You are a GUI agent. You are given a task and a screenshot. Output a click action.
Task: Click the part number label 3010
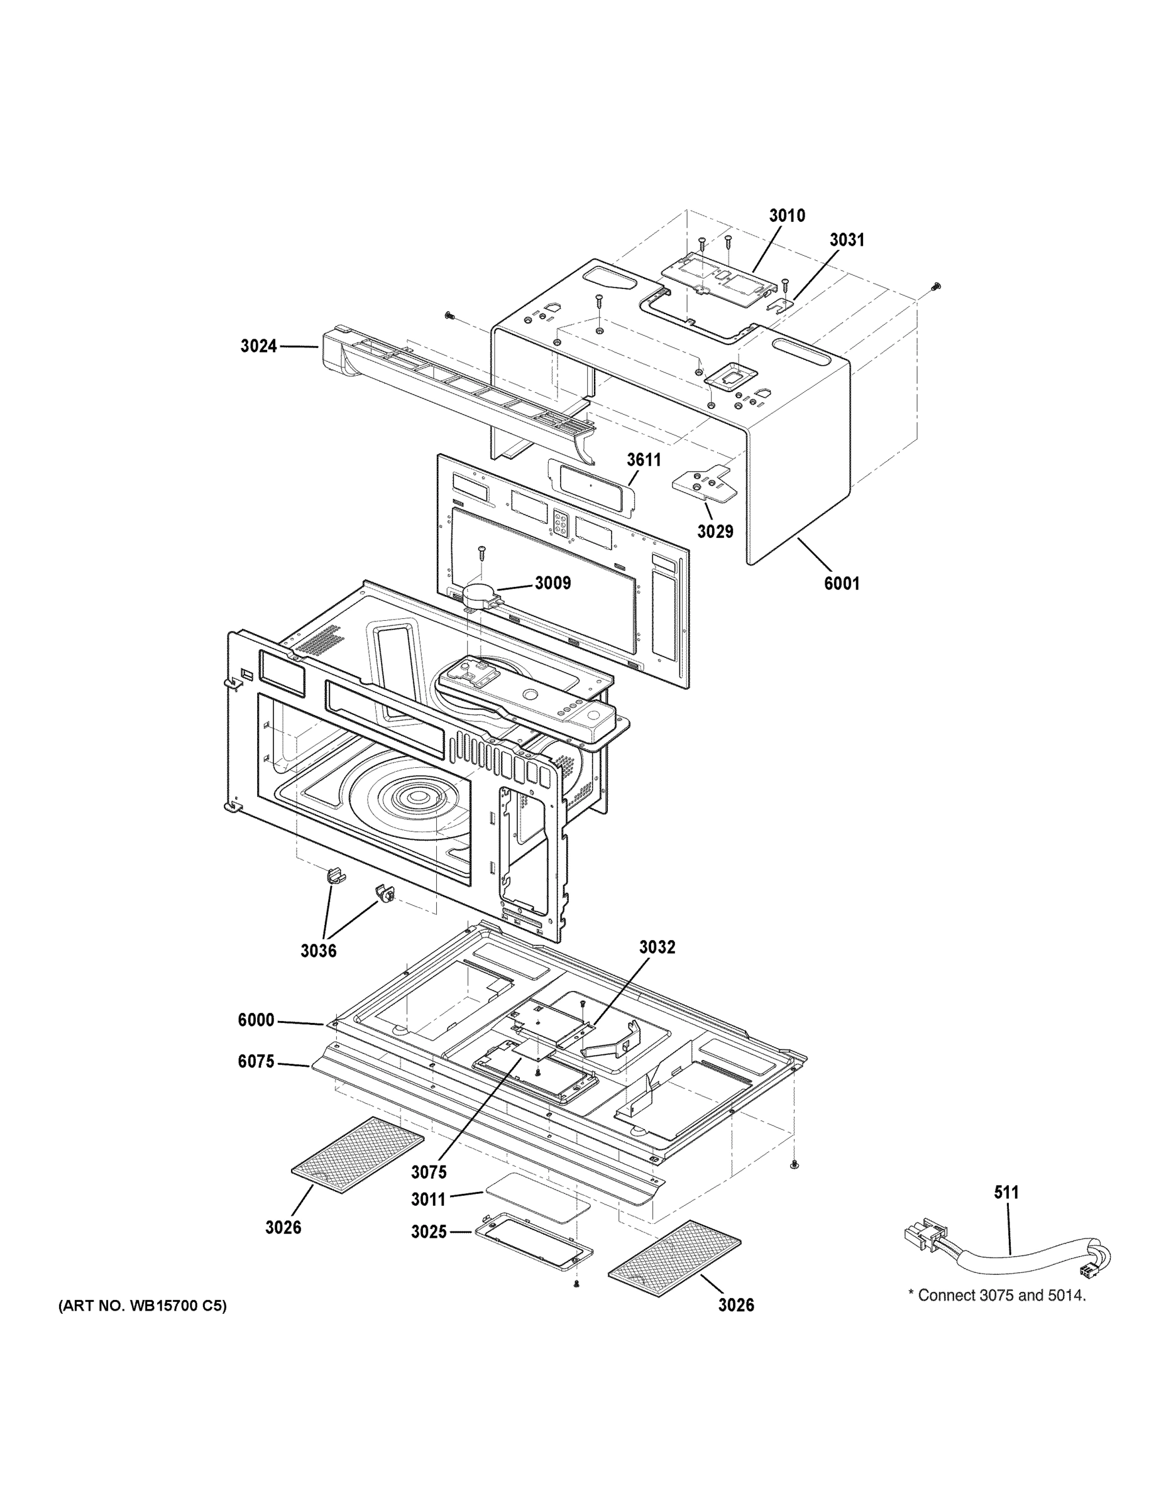787,216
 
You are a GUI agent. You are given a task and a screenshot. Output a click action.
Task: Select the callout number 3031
846,239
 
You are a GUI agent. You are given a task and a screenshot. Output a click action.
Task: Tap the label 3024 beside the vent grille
258,346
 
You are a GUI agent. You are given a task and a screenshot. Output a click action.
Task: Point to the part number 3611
644,460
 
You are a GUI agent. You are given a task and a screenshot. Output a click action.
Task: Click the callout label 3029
714,532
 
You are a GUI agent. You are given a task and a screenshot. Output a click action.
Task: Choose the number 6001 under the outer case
842,584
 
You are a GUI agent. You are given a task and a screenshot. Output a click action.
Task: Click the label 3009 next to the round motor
553,582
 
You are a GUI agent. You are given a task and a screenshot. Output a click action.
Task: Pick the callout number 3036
318,951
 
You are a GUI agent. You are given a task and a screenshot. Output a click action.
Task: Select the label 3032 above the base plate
657,948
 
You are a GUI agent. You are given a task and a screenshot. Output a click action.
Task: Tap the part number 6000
256,1020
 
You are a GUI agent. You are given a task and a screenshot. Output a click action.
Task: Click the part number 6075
256,1061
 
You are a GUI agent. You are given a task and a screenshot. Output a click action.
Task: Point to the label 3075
428,1172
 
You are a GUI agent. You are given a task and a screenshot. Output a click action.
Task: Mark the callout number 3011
428,1199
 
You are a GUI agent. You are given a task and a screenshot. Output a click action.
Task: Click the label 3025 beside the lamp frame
428,1232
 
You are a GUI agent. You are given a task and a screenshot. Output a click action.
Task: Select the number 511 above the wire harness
1006,1193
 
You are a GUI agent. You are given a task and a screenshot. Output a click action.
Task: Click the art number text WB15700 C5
142,1306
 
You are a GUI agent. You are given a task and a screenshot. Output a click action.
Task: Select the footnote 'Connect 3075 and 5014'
997,1296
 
